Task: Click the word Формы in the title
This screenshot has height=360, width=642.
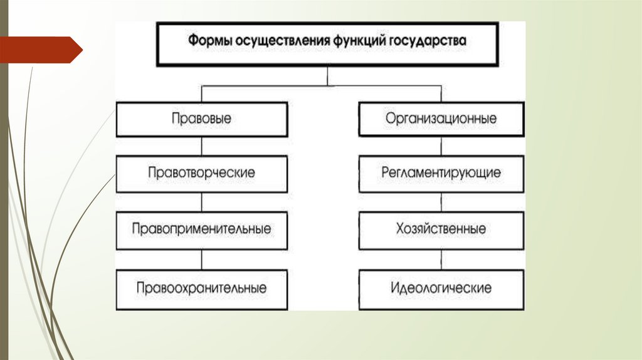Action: click(x=208, y=42)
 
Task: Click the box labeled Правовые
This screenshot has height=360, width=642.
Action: click(x=201, y=119)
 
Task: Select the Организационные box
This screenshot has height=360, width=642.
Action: click(x=441, y=119)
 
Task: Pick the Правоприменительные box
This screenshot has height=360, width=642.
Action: click(x=201, y=229)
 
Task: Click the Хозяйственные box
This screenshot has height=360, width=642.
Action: click(x=441, y=229)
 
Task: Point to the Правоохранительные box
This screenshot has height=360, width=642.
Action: click(x=201, y=289)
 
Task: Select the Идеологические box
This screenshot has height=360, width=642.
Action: click(x=441, y=289)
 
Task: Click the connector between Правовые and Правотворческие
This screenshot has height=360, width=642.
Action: click(x=201, y=146)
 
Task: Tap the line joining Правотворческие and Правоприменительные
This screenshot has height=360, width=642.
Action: click(x=201, y=201)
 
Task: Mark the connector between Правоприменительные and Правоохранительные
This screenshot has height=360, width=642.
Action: click(x=201, y=260)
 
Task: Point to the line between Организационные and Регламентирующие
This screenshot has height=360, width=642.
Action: click(x=441, y=146)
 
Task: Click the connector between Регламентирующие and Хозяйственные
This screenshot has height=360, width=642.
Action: click(x=441, y=201)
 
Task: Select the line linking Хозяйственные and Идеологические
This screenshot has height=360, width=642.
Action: click(x=441, y=260)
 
